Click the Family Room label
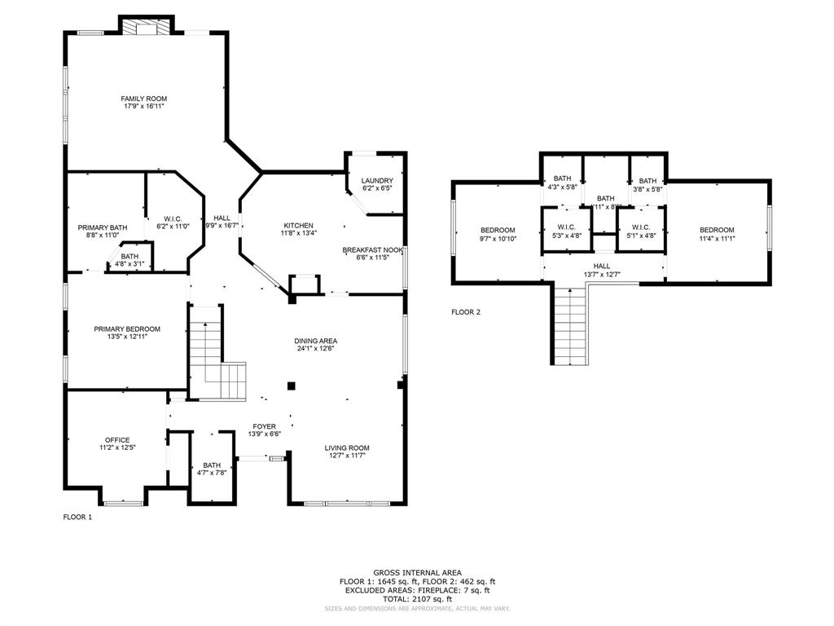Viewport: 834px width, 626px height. [x=144, y=99]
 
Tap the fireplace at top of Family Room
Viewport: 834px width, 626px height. [x=147, y=26]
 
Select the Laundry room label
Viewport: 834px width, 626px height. [x=377, y=180]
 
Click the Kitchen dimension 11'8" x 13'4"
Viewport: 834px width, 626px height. [x=298, y=233]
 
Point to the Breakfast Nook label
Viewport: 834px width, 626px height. [x=372, y=249]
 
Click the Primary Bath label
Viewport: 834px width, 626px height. [x=103, y=227]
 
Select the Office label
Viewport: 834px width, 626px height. [x=117, y=440]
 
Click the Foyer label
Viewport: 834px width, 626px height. [x=264, y=426]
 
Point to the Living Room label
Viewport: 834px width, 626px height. [x=347, y=447]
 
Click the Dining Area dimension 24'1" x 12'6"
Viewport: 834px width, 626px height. [x=316, y=349]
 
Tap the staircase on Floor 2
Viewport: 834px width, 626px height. [x=571, y=326]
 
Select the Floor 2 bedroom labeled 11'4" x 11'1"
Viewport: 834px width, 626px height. [x=716, y=234]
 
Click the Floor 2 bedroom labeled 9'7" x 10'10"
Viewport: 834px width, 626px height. [x=498, y=234]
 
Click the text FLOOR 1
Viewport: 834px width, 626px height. [x=78, y=517]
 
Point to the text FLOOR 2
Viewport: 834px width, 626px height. [x=466, y=311]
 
